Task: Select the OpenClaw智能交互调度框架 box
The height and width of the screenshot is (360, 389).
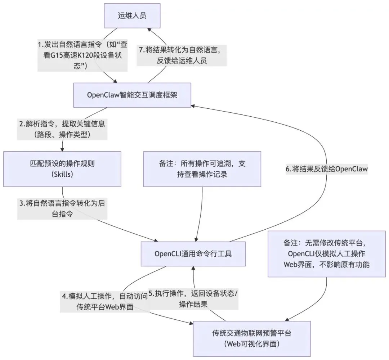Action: pyautogui.click(x=132, y=95)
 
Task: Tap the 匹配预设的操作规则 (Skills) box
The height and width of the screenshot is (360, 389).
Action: pyautogui.click(x=62, y=169)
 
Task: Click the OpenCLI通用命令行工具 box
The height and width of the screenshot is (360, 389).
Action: pyautogui.click(x=193, y=253)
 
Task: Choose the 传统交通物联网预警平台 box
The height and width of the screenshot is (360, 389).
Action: pyautogui.click(x=252, y=338)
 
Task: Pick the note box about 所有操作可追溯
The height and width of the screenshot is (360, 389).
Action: pyautogui.click(x=202, y=169)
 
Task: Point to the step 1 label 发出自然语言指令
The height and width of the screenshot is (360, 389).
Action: pyautogui.click(x=82, y=55)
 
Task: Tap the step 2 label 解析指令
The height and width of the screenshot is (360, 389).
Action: pyautogui.click(x=63, y=129)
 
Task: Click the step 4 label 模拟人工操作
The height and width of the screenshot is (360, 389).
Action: pyautogui.click(x=104, y=302)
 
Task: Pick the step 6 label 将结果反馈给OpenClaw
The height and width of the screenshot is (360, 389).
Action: pyautogui.click(x=327, y=169)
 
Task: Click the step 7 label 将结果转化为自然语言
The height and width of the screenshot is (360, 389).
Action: pyautogui.click(x=182, y=55)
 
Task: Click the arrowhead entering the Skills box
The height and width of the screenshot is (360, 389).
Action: pyautogui.click(x=62, y=149)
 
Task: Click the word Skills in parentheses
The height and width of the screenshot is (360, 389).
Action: pyautogui.click(x=62, y=174)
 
